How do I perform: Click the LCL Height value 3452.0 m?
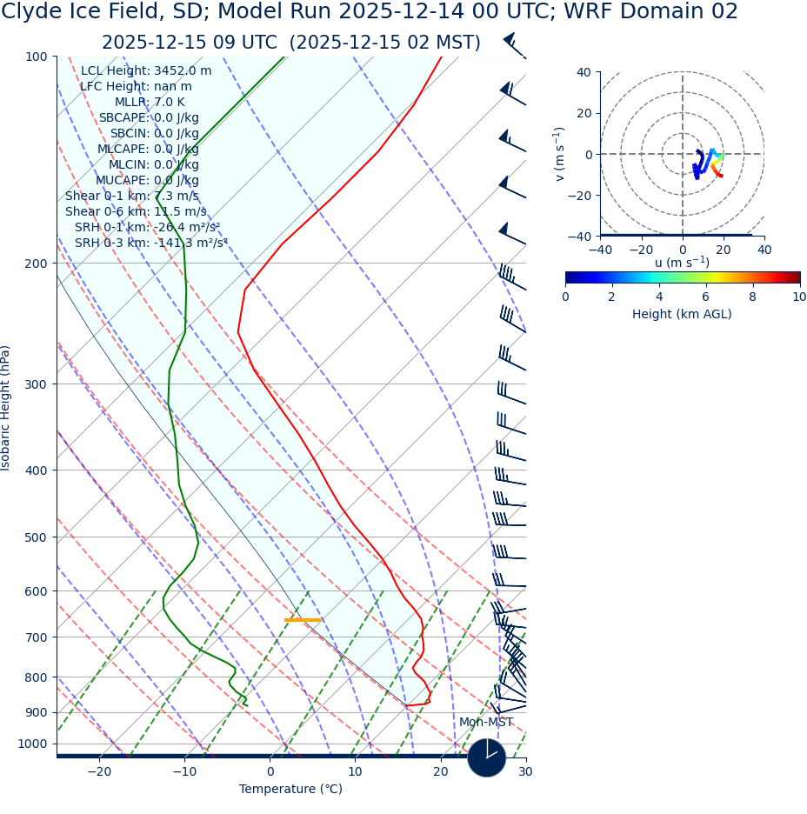tap(182, 70)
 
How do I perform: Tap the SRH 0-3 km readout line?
tap(150, 243)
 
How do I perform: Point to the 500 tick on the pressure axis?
tap(36, 537)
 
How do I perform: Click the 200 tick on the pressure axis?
tap(36, 263)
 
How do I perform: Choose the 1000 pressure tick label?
tap(32, 744)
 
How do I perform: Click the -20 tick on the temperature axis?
tap(99, 771)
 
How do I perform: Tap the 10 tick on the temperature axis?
tap(355, 771)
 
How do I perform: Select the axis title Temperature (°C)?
tap(290, 789)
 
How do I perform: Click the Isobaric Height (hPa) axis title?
tap(7, 408)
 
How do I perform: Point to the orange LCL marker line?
tap(303, 620)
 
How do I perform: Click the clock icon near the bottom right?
tap(487, 757)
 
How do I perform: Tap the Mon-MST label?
tap(486, 722)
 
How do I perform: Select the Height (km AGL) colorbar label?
tap(682, 314)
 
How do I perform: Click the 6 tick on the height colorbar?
tap(705, 297)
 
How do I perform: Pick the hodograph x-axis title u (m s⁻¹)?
tap(682, 263)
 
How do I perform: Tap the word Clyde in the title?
tap(31, 12)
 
